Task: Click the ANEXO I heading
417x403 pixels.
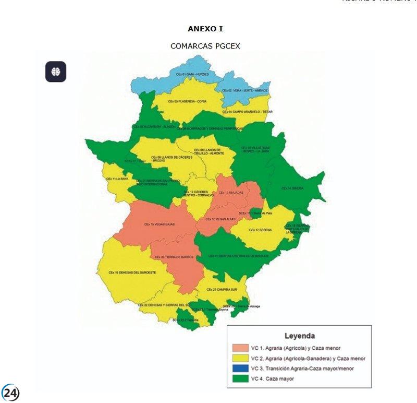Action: [x=205, y=29]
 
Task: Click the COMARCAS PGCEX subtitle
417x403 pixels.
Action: [x=205, y=46]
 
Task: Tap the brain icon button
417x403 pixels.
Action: [x=56, y=72]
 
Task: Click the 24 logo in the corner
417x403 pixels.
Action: [x=10, y=392]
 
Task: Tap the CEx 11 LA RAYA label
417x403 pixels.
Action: [x=117, y=179]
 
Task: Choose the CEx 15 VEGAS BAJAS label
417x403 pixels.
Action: [x=160, y=224]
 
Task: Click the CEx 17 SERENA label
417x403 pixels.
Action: [x=259, y=230]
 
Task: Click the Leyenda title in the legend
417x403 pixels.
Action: [x=299, y=336]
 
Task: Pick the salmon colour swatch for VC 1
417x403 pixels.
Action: [x=240, y=348]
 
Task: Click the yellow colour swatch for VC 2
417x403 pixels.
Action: [x=240, y=358]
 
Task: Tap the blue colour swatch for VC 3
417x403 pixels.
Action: [x=240, y=369]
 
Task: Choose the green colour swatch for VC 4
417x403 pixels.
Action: [x=240, y=378]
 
